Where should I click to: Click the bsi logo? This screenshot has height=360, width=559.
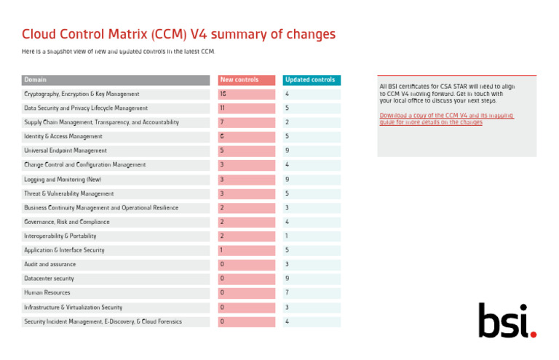coord(507,320)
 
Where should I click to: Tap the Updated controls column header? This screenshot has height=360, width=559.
coord(310,80)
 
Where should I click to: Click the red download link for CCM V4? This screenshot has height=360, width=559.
coord(446,119)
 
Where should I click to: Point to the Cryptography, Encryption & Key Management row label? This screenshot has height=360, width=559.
coord(82,95)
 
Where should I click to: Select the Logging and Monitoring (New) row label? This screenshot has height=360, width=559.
coord(63,179)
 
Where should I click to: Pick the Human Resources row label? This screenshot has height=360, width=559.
coord(49,292)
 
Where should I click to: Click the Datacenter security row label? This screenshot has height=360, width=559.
coord(49,279)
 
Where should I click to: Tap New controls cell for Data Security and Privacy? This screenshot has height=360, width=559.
coord(247,108)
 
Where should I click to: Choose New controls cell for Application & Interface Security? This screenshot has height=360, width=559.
coord(247,250)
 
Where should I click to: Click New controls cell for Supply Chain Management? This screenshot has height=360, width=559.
coord(247,122)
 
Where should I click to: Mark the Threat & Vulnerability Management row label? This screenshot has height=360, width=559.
coord(69,193)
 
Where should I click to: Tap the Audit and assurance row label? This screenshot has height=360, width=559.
coord(49,264)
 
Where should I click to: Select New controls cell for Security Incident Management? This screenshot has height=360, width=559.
coord(247,321)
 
